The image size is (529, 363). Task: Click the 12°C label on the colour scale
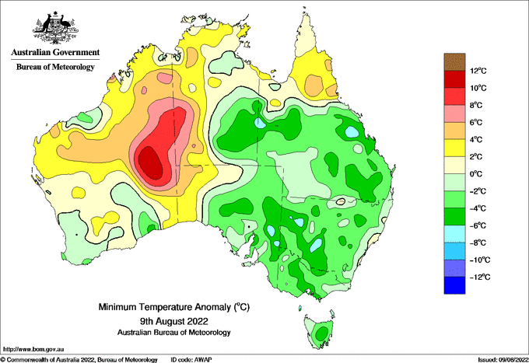pyautogui.click(x=478, y=71)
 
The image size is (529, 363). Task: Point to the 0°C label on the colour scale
pyautogui.click(x=476, y=174)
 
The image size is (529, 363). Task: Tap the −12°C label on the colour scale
pyautogui.click(x=480, y=277)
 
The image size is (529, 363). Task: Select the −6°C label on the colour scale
pyautogui.click(x=478, y=226)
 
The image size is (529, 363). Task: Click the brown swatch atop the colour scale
pyautogui.click(x=454, y=62)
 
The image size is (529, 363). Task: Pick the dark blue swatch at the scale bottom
pyautogui.click(x=454, y=285)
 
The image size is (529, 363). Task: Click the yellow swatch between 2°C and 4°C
pyautogui.click(x=454, y=148)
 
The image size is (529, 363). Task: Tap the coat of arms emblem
pyautogui.click(x=55, y=28)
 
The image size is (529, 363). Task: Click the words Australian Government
pyautogui.click(x=55, y=52)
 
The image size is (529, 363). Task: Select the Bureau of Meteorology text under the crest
pyautogui.click(x=55, y=67)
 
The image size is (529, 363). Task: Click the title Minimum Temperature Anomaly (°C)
pyautogui.click(x=173, y=307)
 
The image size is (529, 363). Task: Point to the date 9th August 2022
pyautogui.click(x=173, y=320)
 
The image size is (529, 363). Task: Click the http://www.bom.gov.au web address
pyautogui.click(x=33, y=349)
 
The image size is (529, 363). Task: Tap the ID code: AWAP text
pyautogui.click(x=191, y=360)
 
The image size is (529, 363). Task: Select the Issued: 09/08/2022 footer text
pyautogui.click(x=503, y=360)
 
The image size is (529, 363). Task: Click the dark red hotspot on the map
pyautogui.click(x=151, y=162)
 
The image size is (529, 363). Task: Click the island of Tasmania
pyautogui.click(x=319, y=332)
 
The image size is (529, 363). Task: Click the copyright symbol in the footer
pyautogui.click(x=3, y=360)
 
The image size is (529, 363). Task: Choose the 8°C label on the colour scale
pyautogui.click(x=476, y=106)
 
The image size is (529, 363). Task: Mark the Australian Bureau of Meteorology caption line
pyautogui.click(x=173, y=333)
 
